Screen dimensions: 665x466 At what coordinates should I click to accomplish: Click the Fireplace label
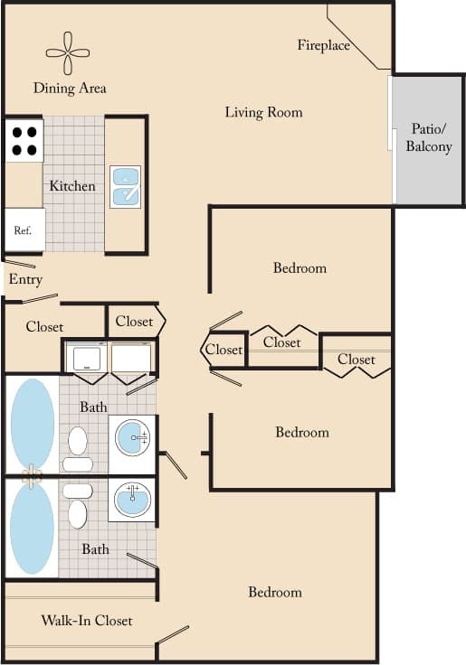(x=323, y=45)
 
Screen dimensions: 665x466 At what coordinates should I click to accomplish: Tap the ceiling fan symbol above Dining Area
(x=70, y=53)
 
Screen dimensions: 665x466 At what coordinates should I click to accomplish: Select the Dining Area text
(x=70, y=88)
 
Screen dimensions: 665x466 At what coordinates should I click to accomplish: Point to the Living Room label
(x=263, y=112)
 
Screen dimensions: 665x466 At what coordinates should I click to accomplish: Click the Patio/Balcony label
(x=428, y=137)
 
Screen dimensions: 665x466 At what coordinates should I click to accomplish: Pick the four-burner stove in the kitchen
(x=24, y=140)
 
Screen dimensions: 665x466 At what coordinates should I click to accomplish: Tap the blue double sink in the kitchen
(x=125, y=186)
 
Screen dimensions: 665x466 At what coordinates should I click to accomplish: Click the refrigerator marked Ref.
(x=24, y=230)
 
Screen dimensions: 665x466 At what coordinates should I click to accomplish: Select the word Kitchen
(x=72, y=186)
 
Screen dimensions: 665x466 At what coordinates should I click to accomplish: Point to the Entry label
(x=25, y=279)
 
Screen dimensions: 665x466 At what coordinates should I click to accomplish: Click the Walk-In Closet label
(x=87, y=621)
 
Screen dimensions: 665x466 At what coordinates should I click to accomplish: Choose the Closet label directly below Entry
(x=44, y=326)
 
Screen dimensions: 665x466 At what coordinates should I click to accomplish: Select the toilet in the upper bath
(x=78, y=447)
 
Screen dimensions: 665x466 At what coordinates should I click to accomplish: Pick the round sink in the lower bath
(x=132, y=498)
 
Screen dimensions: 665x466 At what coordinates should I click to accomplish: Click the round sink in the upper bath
(x=133, y=440)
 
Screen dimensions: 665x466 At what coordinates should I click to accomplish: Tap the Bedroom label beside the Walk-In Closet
(x=275, y=592)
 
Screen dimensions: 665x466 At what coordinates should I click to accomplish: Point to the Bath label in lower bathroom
(x=95, y=548)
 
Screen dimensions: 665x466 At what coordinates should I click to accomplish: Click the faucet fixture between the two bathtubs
(x=33, y=475)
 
